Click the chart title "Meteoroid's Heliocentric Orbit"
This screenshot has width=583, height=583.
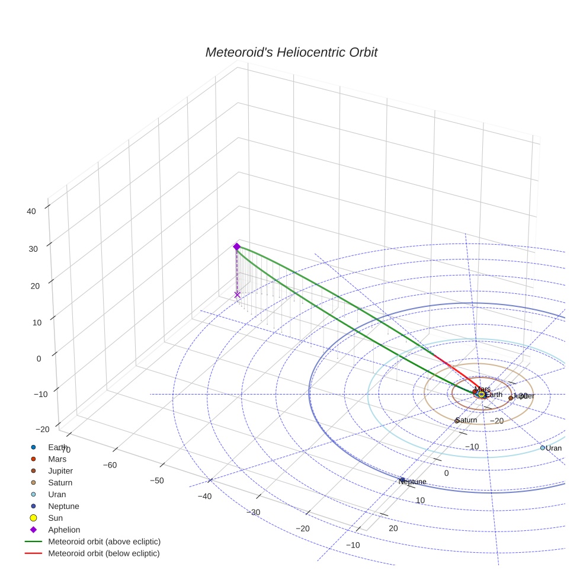tap(291, 53)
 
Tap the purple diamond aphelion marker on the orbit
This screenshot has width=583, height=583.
tap(236, 246)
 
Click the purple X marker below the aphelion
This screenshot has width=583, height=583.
tap(238, 294)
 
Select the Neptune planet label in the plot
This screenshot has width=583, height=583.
tap(412, 482)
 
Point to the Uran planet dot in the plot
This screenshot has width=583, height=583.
tap(542, 448)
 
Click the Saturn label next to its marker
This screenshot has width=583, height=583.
tap(467, 420)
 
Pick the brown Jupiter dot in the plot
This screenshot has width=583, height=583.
tap(511, 398)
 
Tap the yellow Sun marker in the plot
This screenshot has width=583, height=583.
tap(481, 394)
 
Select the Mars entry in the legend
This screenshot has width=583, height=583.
tap(57, 459)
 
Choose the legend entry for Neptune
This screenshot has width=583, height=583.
tap(63, 506)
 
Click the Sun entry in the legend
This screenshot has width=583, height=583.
tap(56, 518)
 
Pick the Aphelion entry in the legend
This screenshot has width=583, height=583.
tap(64, 530)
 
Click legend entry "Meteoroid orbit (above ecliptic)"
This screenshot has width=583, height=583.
tap(104, 542)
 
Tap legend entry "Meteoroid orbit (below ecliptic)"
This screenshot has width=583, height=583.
tap(104, 553)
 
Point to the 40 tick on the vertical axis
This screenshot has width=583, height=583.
tap(32, 210)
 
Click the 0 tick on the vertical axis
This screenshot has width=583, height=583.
tap(38, 358)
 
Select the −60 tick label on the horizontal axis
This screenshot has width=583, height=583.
tap(110, 465)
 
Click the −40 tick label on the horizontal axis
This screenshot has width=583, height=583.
tap(205, 496)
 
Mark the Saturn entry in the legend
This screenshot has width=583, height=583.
tap(60, 482)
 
